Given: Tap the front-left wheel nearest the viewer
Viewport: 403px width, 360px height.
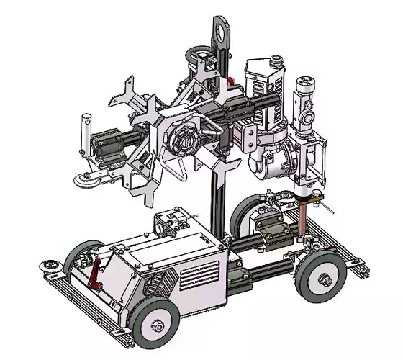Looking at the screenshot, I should tap(154, 323).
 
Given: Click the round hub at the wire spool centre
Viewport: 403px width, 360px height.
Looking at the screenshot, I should tap(186, 140).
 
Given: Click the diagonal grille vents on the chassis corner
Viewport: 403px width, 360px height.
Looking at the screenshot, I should tap(159, 284).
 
